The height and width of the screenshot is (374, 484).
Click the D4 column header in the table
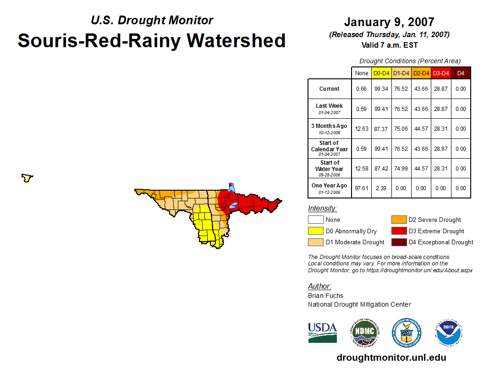tap(461, 73)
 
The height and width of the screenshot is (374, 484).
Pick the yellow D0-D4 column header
tap(381, 73)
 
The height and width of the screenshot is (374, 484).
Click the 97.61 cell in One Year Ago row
tap(361, 188)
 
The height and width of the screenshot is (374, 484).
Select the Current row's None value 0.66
tap(361, 89)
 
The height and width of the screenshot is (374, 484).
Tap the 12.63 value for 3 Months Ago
tap(361, 129)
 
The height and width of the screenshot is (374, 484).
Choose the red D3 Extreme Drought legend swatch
tap(398, 231)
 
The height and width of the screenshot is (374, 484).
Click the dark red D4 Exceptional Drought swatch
tap(398, 242)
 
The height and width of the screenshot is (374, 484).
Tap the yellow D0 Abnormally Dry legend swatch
tap(315, 231)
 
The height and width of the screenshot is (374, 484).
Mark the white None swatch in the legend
tap(315, 220)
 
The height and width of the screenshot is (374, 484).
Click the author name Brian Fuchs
tap(325, 296)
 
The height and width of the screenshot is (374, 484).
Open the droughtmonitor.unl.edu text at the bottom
tap(391, 357)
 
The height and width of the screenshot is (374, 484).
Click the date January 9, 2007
tap(389, 22)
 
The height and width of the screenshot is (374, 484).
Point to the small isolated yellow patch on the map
tap(27, 178)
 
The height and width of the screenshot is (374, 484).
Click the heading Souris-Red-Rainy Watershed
tap(151, 41)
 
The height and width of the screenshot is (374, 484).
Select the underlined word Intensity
tap(322, 209)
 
